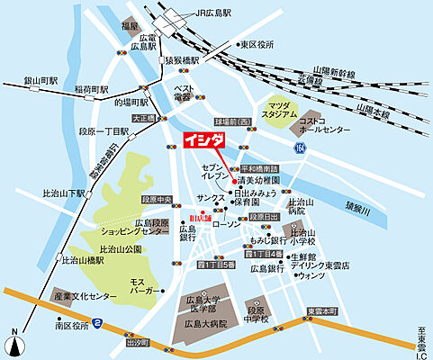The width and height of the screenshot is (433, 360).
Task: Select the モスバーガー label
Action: [x=144, y=287]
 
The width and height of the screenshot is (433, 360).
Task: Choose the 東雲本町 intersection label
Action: [x=322, y=310]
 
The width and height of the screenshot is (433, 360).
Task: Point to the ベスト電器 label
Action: [x=184, y=93]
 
